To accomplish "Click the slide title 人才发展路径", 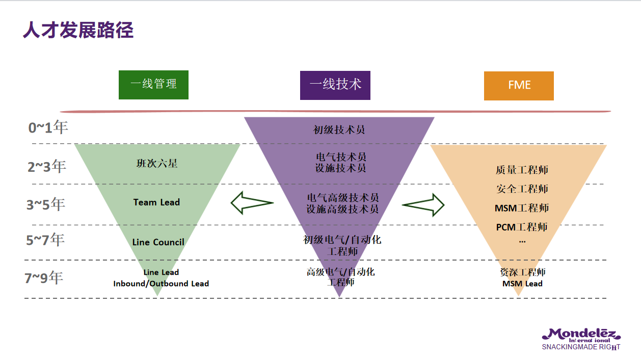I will [x=78, y=30].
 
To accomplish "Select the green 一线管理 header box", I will [x=153, y=85].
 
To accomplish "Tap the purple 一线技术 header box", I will [x=335, y=85].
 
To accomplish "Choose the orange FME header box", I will [x=519, y=85].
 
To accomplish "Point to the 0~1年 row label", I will [x=48, y=127].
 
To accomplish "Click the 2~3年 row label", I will [x=47, y=166].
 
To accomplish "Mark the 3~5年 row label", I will [x=46, y=204].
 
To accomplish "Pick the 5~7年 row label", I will [x=45, y=240].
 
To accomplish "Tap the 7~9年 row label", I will [x=44, y=278].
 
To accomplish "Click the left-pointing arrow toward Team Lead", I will [x=252, y=203].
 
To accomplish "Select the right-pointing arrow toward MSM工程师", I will [x=423, y=204].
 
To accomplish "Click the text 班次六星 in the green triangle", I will [x=157, y=164].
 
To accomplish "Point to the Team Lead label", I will [x=156, y=202].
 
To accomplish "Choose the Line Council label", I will [x=158, y=242].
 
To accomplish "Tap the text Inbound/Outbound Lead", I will [x=161, y=284].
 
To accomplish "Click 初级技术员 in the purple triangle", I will [x=339, y=130].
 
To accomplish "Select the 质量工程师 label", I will [x=522, y=170].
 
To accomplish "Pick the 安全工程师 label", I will [x=522, y=189].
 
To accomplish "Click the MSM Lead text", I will [x=522, y=284].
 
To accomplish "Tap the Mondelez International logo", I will [x=581, y=338].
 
